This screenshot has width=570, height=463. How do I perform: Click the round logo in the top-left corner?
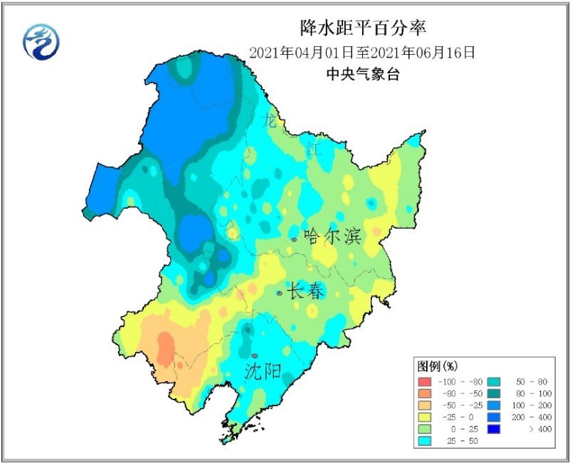tap(41, 41)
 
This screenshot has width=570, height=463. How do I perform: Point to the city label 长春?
tap(307, 291)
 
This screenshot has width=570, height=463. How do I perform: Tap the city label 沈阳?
tap(263, 371)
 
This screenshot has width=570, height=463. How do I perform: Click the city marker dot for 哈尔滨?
tap(294, 240)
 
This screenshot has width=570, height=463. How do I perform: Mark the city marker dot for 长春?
tap(280, 293)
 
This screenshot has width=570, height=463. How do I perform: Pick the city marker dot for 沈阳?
tap(254, 355)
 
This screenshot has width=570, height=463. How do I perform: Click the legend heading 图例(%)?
tap(437, 366)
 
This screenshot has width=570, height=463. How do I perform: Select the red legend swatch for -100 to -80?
tap(425, 383)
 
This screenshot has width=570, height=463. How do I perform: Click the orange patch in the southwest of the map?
tap(165, 349)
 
